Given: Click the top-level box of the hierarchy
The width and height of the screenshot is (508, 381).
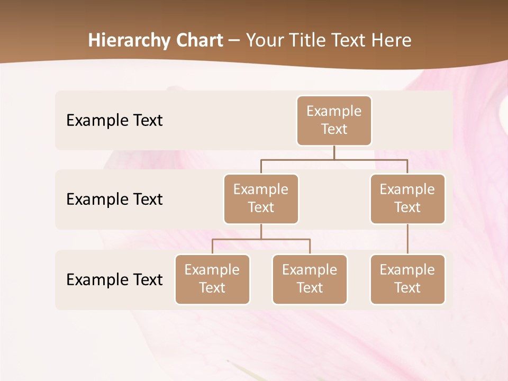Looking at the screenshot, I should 334,120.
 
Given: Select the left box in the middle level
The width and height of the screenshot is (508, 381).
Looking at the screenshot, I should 261,198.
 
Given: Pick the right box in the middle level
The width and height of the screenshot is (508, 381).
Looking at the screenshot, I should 407,198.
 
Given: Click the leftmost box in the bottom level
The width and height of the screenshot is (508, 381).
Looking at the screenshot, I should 212,279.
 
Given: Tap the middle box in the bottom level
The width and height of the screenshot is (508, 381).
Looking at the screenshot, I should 310,279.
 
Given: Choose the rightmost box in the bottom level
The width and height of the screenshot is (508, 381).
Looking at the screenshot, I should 407,279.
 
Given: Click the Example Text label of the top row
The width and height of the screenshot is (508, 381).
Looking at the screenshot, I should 114,120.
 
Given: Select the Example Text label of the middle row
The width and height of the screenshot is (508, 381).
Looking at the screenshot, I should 114,199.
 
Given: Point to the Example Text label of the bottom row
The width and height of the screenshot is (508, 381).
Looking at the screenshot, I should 114,279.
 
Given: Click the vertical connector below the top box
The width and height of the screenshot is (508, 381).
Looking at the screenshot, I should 334,152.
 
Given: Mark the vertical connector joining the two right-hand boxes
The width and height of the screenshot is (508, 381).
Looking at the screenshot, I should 407,239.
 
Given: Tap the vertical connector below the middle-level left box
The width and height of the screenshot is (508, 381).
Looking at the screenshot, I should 261,231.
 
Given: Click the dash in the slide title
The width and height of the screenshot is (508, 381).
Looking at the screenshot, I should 234,41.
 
